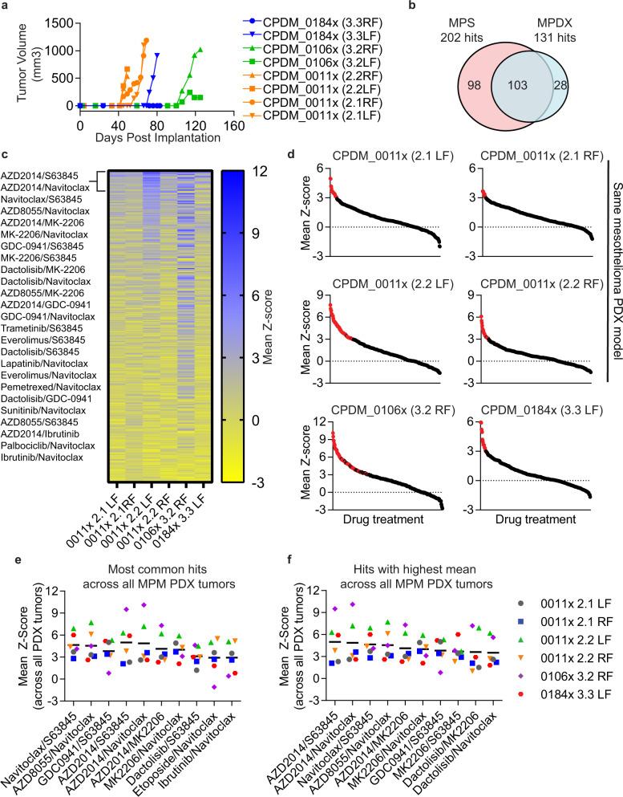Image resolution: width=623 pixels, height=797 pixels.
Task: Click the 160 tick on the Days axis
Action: click(233, 125)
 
